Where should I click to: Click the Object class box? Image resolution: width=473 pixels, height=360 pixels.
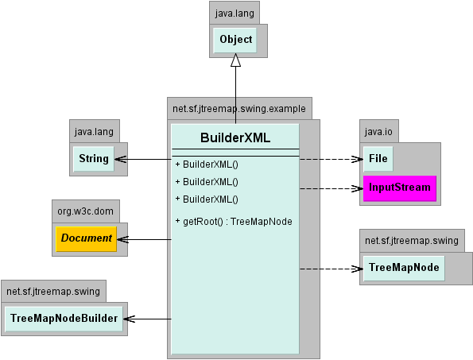coord(235,40)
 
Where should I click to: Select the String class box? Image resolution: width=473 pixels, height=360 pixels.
coord(94,159)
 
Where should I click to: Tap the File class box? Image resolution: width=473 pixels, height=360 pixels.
coord(378,159)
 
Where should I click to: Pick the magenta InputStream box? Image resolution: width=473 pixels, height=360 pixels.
coord(400,188)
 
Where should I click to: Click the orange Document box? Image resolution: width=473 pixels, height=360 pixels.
coord(87,238)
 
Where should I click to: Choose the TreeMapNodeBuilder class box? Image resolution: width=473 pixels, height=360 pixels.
coord(64,319)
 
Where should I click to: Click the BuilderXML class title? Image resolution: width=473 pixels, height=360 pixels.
coord(235,137)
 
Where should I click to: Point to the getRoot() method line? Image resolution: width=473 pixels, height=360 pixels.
coord(234,222)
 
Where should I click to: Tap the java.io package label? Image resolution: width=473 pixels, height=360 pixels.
coord(378,132)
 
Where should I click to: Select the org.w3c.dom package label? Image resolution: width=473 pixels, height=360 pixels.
coord(85,211)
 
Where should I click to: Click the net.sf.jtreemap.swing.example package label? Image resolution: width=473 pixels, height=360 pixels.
coord(239,109)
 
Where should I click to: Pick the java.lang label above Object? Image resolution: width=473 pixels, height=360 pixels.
coord(235,14)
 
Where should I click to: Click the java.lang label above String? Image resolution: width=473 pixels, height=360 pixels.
coord(94,132)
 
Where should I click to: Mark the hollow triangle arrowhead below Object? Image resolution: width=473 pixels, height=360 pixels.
coord(235,60)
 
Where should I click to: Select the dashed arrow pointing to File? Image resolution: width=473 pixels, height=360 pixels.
coord(331,159)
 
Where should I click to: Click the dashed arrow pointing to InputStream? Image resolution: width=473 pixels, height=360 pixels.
coord(331,189)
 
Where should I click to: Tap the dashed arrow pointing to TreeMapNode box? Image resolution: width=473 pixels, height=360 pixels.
coord(331,269)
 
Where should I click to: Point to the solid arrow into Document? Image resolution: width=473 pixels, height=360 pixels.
coord(144,240)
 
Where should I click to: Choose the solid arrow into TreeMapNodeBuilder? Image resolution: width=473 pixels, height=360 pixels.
coord(147,319)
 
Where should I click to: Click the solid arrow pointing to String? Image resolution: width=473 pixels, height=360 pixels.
coord(143,159)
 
